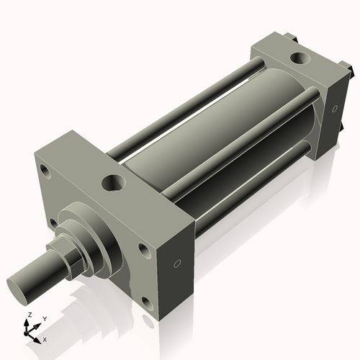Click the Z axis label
click(x=28, y=315)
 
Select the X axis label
click(x=45, y=338)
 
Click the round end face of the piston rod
click(x=19, y=284)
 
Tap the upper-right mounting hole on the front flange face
click(x=143, y=251)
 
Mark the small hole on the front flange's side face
click(x=177, y=264)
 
